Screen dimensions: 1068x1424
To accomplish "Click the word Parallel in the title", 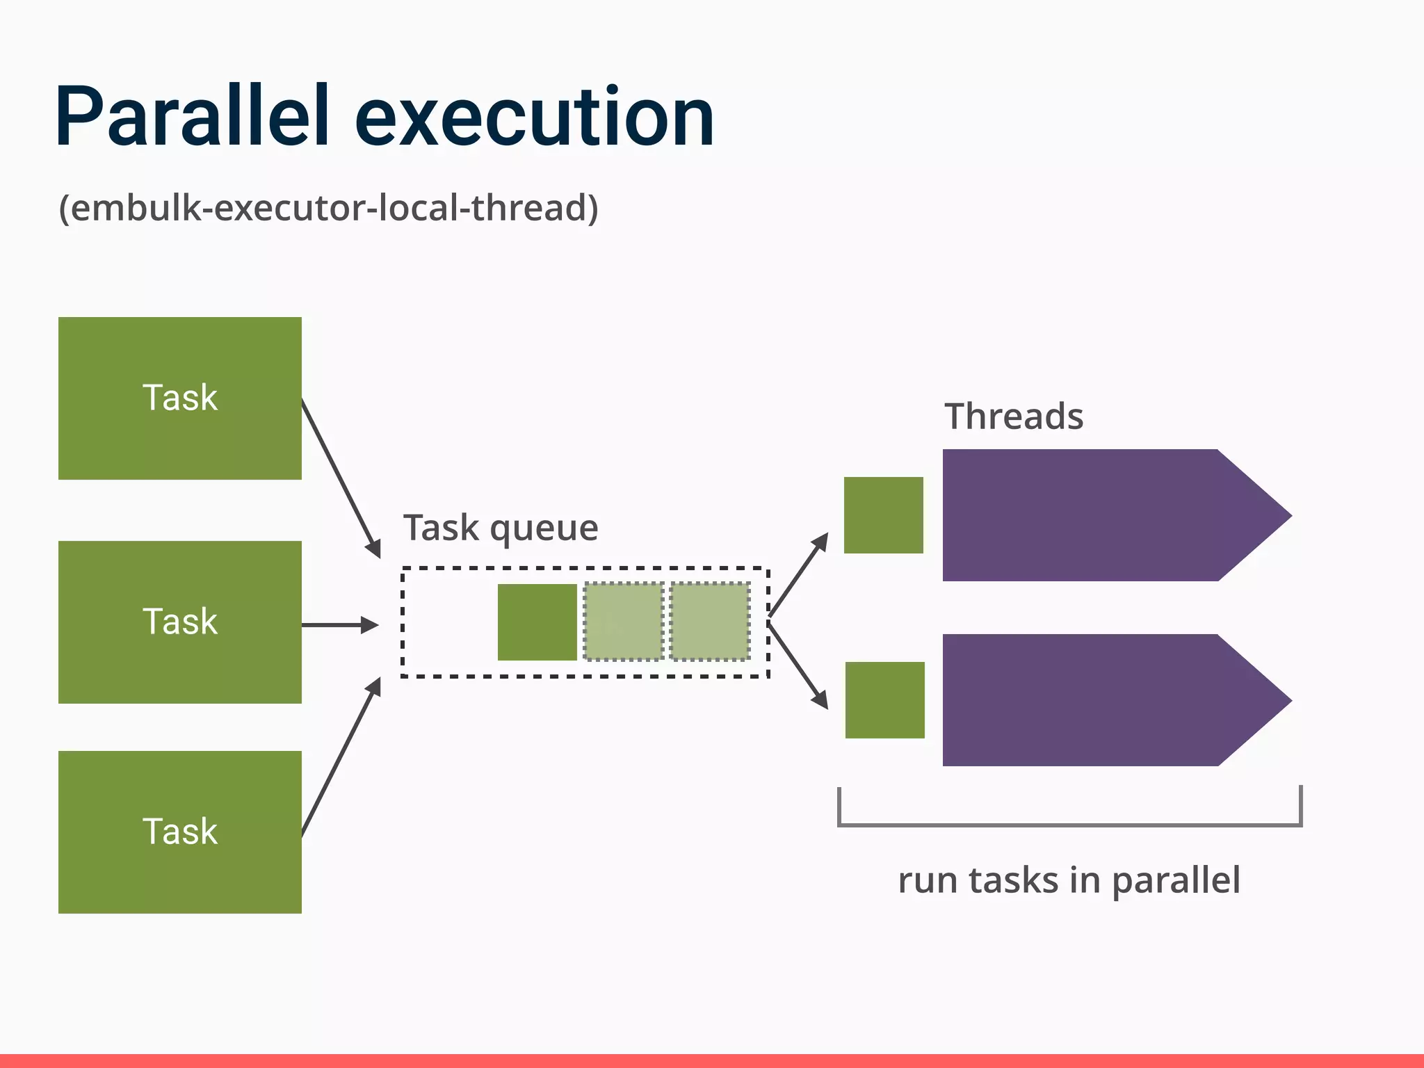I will click(191, 116).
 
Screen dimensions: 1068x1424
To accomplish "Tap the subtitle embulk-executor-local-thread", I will click(328, 208).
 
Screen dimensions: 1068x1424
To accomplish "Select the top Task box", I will click(179, 398).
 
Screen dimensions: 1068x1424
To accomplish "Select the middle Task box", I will click(179, 622).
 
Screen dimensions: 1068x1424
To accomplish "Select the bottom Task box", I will click(179, 832).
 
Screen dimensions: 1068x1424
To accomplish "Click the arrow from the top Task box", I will click(341, 478).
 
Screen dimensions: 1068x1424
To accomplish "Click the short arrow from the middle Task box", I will click(340, 625).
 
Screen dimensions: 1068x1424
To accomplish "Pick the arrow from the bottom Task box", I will click(341, 757).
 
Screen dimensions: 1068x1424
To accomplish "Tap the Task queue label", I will click(501, 528).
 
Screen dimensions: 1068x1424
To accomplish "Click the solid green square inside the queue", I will click(537, 622).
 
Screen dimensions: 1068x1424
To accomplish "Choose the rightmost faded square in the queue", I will click(709, 622).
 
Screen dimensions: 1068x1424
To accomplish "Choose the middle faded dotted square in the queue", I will click(624, 622).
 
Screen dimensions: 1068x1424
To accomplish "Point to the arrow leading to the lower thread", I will click(799, 666).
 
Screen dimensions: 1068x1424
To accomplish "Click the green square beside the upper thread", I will click(883, 515).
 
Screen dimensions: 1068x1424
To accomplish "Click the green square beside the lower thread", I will click(884, 699).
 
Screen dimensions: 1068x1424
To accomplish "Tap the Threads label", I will click(1013, 416).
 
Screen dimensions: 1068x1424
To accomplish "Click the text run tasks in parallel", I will click(1069, 880).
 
